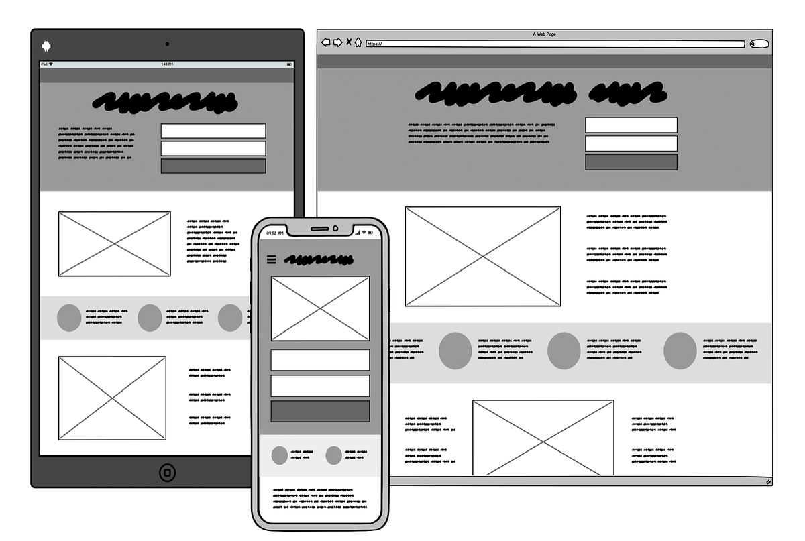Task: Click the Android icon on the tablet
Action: pyautogui.click(x=46, y=46)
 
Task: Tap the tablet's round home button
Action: pyautogui.click(x=168, y=472)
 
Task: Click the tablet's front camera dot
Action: pyautogui.click(x=167, y=44)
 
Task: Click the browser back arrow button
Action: pyautogui.click(x=326, y=42)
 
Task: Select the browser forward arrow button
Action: pyautogui.click(x=337, y=42)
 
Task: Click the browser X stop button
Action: pyautogui.click(x=349, y=42)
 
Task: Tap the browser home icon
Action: pyautogui.click(x=358, y=42)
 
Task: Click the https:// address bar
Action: pyautogui.click(x=555, y=44)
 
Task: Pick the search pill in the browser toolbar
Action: pyautogui.click(x=759, y=44)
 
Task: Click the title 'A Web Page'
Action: pyautogui.click(x=544, y=34)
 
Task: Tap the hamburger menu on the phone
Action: pyautogui.click(x=272, y=259)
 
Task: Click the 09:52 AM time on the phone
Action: pyautogui.click(x=275, y=233)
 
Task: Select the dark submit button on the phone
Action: pyautogui.click(x=320, y=411)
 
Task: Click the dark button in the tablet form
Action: pyautogui.click(x=213, y=166)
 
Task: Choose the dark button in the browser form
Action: pyautogui.click(x=631, y=162)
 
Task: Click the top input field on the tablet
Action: pyautogui.click(x=213, y=131)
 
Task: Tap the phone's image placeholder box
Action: pyautogui.click(x=320, y=308)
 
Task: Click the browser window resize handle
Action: pyautogui.click(x=768, y=481)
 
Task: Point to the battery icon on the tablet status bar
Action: pyautogui.click(x=289, y=64)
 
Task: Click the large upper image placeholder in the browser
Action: pyautogui.click(x=483, y=256)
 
